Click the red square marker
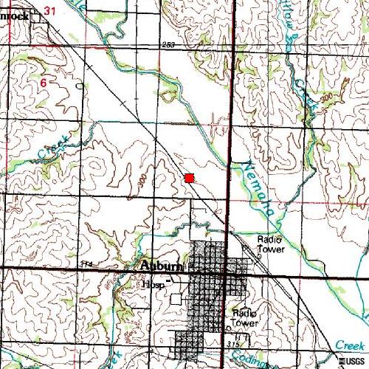[190, 178]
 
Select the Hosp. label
[154, 283]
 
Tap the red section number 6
[44, 83]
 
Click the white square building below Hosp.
[176, 299]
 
